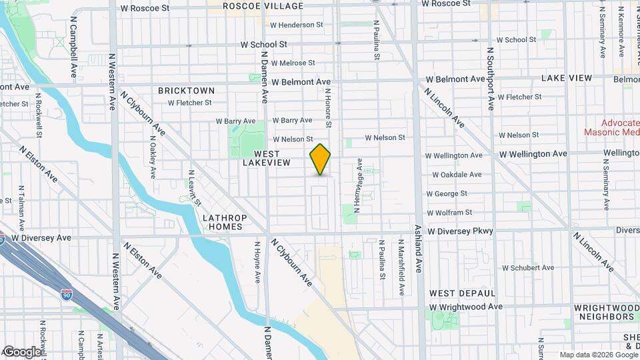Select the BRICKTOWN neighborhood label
(187, 90)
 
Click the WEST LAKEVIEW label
(266, 158)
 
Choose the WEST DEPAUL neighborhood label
(462, 293)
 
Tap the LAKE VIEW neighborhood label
(566, 78)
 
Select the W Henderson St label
(296, 25)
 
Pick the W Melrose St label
(293, 63)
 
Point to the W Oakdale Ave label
(457, 175)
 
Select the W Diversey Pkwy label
(461, 231)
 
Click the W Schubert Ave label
(528, 268)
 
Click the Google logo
(22, 351)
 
